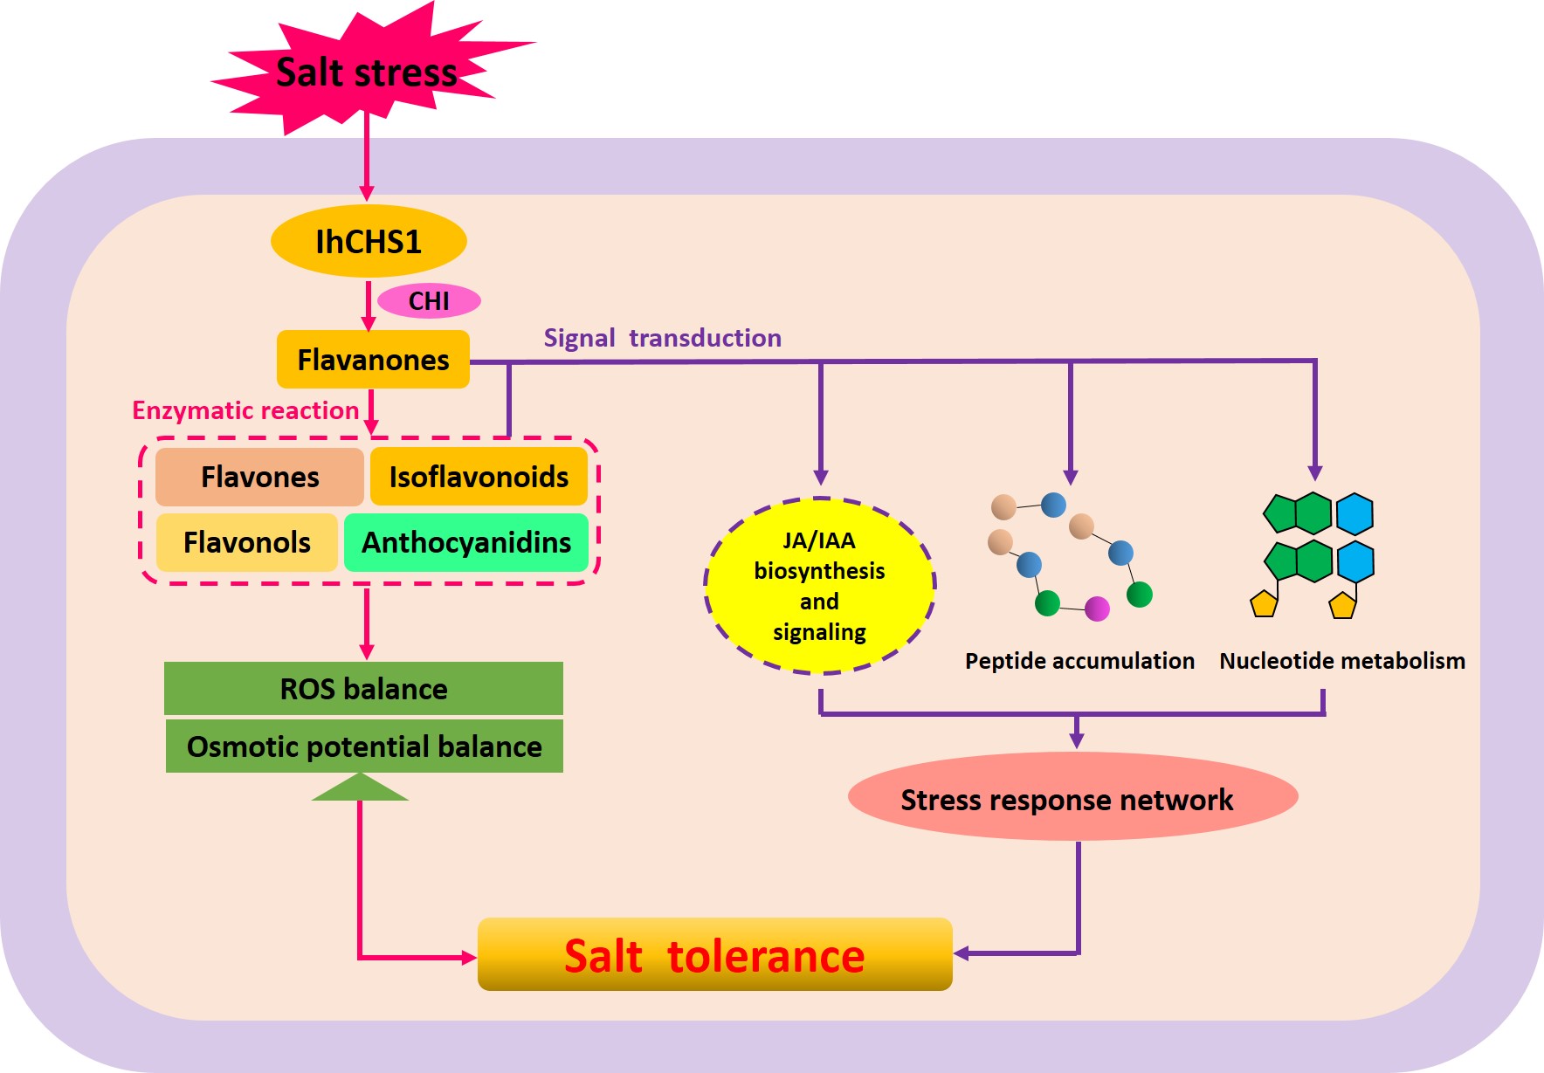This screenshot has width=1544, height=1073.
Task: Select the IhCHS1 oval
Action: (x=369, y=241)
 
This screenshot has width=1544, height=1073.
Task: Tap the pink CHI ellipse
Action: (x=429, y=301)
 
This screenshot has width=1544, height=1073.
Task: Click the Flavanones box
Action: (x=373, y=360)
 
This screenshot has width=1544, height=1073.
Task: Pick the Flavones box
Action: (x=259, y=477)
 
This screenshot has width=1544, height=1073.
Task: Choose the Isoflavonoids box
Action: (x=479, y=477)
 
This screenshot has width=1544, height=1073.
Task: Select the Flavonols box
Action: (x=247, y=542)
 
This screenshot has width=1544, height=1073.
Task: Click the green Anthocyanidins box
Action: (x=466, y=542)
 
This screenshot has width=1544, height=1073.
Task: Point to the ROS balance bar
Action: (x=363, y=689)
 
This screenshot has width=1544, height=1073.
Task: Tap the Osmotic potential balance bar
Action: (x=364, y=746)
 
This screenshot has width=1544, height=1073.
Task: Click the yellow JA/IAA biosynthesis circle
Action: (x=819, y=586)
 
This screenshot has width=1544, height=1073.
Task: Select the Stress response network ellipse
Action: (x=1072, y=799)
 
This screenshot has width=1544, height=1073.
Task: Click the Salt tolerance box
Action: (x=714, y=955)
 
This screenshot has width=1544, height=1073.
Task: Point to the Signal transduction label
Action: (x=662, y=338)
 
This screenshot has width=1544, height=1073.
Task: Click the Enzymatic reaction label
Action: (x=245, y=410)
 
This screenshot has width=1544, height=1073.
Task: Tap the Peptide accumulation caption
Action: (x=1079, y=661)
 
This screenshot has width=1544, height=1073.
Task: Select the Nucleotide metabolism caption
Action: (x=1342, y=661)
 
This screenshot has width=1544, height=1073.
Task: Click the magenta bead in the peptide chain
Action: (x=1097, y=609)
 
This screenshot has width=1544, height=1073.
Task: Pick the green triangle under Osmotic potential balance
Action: (x=360, y=788)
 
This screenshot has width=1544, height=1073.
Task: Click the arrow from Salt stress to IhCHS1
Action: (x=367, y=157)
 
